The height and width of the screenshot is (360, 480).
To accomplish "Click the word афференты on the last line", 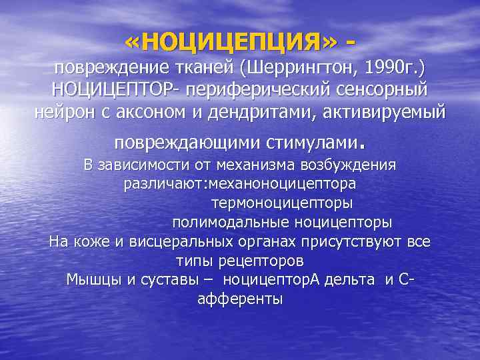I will [x=240, y=299].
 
